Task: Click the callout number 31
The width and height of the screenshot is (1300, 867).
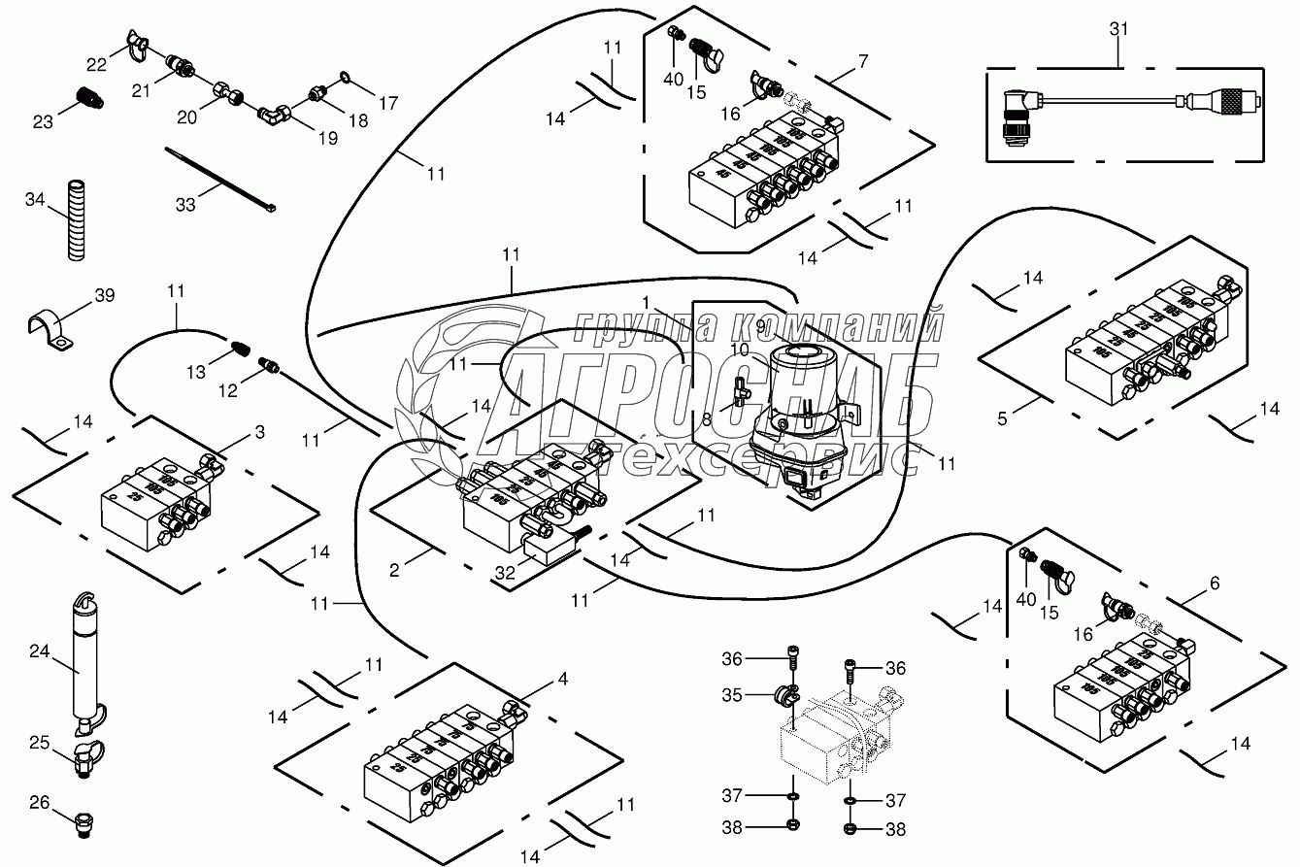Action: [x=1119, y=30]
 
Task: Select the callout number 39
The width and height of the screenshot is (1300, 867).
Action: [x=104, y=295]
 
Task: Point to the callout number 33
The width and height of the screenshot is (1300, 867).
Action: [x=184, y=204]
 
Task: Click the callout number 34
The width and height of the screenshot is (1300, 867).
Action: [x=35, y=200]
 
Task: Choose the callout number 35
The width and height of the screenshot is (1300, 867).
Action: [x=731, y=695]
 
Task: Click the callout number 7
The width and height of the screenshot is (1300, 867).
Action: [x=863, y=61]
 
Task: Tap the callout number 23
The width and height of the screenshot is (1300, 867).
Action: [x=42, y=121]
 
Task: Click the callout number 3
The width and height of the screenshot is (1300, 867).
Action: [x=259, y=432]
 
